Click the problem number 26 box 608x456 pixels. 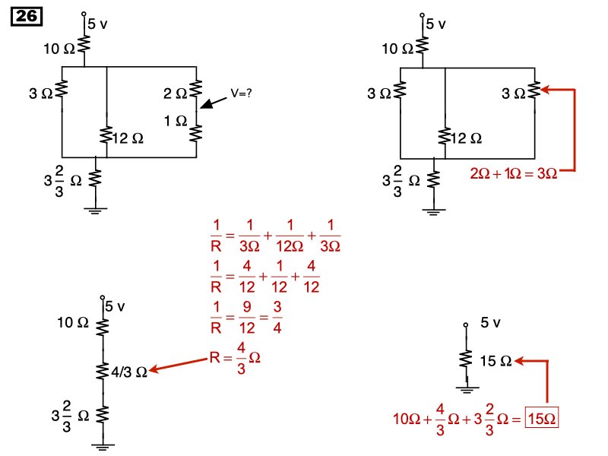coord(27,16)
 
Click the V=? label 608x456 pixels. coord(241,93)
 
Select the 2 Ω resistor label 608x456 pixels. coord(176,93)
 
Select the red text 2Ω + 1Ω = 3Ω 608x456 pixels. coord(515,173)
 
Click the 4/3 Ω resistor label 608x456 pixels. coord(128,372)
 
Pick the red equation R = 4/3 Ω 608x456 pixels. coord(236,363)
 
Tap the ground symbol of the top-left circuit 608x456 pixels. coord(96,210)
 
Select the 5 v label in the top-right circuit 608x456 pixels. coord(435,24)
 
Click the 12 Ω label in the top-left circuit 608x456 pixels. coord(128,138)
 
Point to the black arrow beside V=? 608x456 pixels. coord(213,105)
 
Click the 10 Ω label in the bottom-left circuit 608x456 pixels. coord(73,322)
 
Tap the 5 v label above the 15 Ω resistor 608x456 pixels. coord(491,323)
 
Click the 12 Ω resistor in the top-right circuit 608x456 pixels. coord(444,136)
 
